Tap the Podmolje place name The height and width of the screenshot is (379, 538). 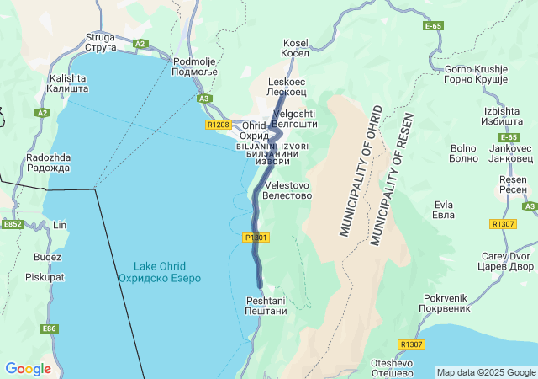(195, 67)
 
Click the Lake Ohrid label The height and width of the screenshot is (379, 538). (160, 271)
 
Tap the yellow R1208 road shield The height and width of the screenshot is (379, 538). (218, 125)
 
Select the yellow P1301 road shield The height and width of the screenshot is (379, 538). (256, 238)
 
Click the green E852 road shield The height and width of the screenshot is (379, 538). (12, 225)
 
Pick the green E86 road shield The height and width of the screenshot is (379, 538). (50, 328)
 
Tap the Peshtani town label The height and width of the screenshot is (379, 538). (266, 306)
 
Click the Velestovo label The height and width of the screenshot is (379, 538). (288, 189)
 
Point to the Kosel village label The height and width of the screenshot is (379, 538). (296, 48)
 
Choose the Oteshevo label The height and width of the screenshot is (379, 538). (393, 367)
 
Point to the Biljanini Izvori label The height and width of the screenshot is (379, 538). (272, 153)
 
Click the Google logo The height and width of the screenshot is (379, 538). (28, 369)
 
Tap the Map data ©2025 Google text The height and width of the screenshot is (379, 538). (486, 372)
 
